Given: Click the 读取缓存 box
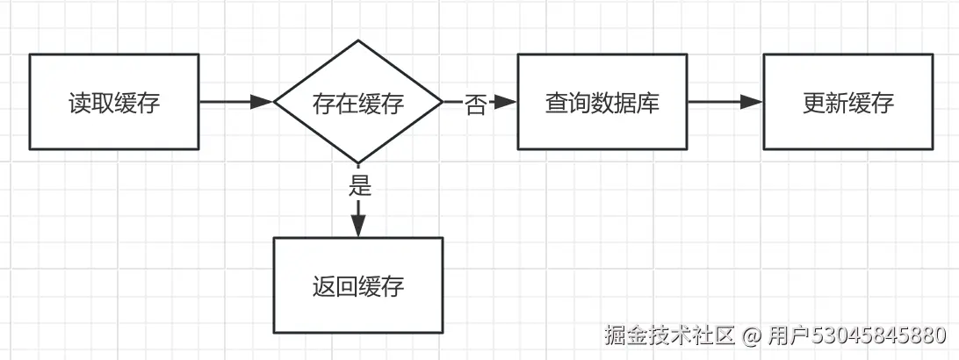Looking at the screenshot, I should (x=114, y=102).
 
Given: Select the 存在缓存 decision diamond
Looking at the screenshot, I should (x=358, y=102).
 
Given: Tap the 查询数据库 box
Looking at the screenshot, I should (x=602, y=102).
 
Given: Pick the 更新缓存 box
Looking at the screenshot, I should (x=847, y=102).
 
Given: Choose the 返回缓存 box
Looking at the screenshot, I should (x=358, y=285).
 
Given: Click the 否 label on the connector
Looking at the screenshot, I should (x=475, y=104).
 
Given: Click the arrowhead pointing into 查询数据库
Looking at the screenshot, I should (x=506, y=102).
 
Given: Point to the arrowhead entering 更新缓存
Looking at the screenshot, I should (x=752, y=102).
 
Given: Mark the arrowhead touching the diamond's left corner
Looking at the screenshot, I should (x=263, y=102).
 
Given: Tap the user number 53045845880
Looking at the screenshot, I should (x=878, y=335).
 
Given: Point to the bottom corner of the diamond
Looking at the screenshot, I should (x=358, y=163).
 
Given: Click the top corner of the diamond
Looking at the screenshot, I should (x=358, y=40).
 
